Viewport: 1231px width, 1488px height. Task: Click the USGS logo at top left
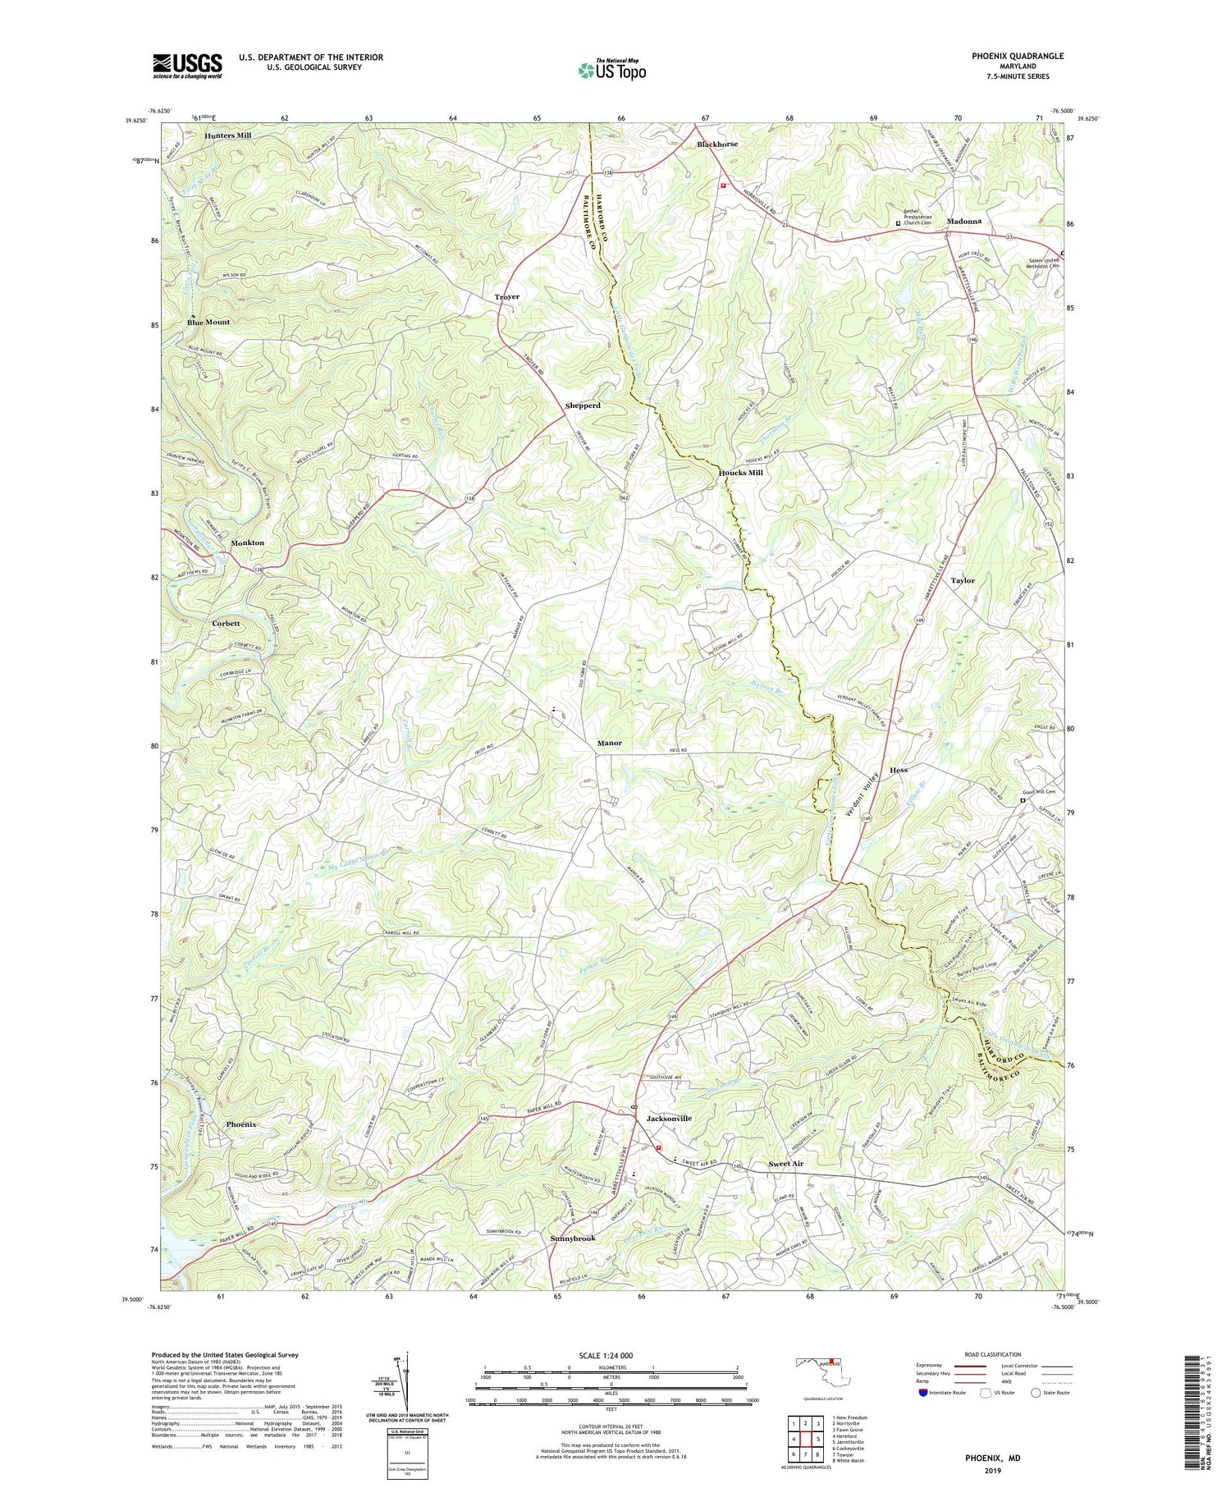click(187, 66)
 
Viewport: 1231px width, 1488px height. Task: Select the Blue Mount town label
click(208, 323)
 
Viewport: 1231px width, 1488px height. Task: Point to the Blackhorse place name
click(717, 144)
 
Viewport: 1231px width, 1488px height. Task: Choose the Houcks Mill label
click(741, 473)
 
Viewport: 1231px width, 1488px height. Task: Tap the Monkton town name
click(248, 543)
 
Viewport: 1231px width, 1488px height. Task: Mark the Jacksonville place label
click(669, 1118)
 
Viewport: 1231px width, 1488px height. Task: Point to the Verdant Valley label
click(863, 792)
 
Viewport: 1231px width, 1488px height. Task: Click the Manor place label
click(609, 743)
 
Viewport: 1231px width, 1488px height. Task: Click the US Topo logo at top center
click(612, 71)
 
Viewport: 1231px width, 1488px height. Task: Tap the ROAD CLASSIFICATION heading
click(993, 1354)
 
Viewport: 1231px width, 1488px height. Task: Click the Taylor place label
click(963, 580)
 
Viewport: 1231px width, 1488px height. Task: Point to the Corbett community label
click(226, 624)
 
